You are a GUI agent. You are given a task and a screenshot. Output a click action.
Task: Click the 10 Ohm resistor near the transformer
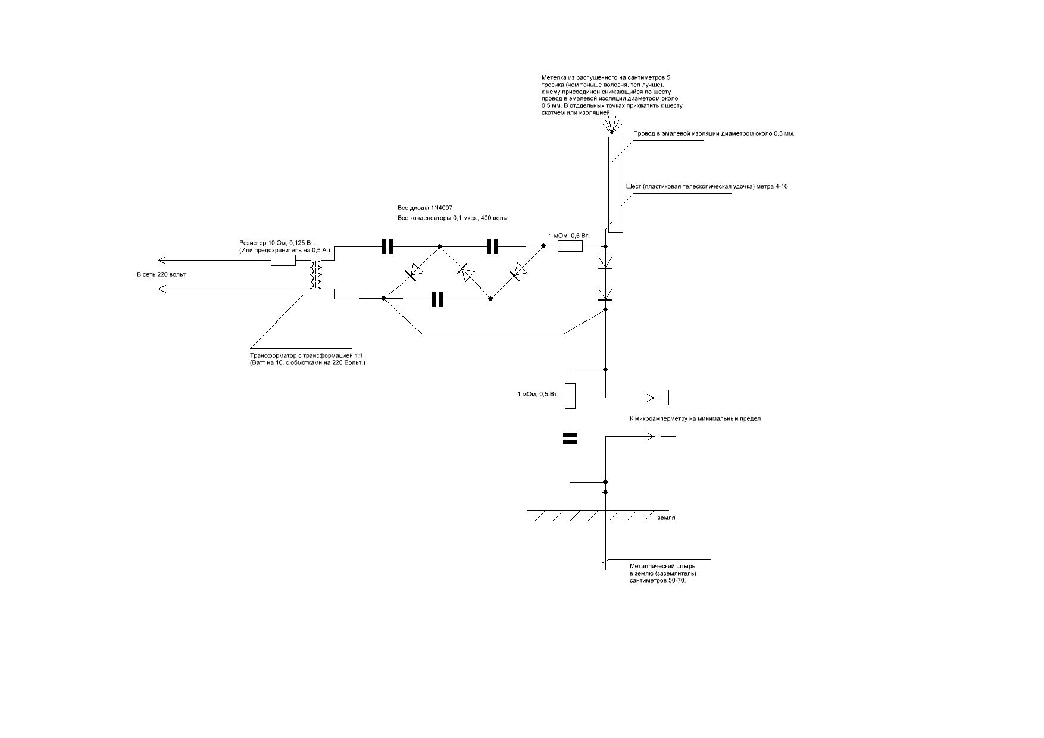(283, 260)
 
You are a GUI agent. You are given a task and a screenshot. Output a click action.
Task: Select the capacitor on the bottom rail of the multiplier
(438, 298)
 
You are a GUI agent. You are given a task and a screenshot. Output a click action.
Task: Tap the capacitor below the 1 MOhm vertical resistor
(570, 438)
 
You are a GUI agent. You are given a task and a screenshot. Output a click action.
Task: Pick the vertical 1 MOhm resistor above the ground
(570, 396)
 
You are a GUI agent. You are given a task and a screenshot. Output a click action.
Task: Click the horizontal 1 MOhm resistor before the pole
(570, 246)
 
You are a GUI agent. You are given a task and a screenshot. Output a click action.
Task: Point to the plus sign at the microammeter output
(669, 397)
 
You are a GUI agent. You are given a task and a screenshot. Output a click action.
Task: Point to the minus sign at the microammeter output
(669, 436)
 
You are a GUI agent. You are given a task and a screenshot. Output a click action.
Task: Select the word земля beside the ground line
(666, 517)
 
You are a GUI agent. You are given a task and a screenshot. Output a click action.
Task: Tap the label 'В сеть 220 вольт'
(161, 274)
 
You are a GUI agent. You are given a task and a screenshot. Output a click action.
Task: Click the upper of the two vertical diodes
(605, 262)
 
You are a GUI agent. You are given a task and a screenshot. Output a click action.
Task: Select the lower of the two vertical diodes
(605, 294)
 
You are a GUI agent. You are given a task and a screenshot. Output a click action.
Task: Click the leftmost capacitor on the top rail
(387, 246)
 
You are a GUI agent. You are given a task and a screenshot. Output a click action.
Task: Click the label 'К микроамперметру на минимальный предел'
(695, 418)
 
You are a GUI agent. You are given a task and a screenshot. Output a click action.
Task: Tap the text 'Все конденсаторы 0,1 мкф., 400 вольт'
(453, 218)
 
